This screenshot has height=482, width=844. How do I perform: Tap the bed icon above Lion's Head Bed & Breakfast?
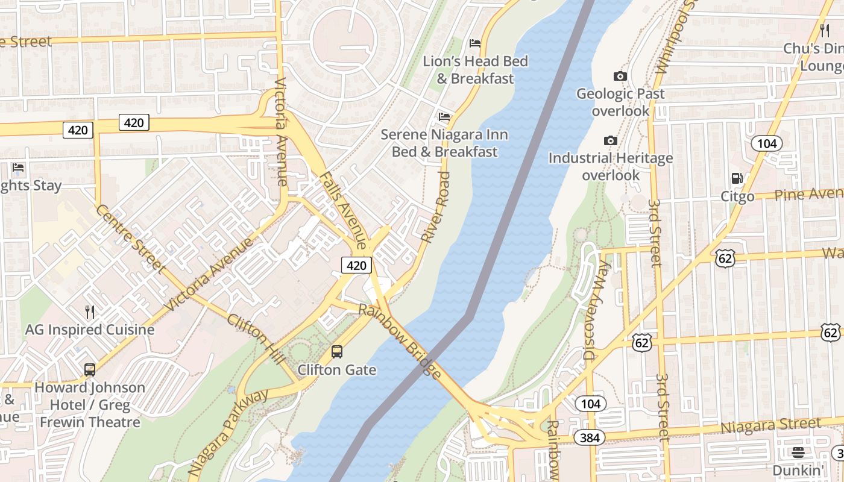475,43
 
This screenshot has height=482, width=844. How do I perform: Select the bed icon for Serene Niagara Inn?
444,117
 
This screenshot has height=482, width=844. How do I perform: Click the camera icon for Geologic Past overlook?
620,76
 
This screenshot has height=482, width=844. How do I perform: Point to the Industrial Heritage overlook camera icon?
611,140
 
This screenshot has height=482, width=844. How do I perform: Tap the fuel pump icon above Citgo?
737,178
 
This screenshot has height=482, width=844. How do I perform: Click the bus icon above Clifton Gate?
337,351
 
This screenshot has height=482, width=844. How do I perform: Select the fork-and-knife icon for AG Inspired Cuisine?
90,311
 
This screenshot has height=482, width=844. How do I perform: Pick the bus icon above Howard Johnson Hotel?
90,369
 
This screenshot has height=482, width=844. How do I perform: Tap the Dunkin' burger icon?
798,452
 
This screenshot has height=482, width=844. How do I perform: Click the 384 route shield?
589,437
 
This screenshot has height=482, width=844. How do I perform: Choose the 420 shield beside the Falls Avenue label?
356,265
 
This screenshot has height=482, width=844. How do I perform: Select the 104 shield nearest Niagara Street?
590,404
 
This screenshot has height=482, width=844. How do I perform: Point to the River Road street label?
436,208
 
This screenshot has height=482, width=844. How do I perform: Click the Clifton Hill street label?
256,338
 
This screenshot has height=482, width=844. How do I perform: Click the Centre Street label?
131,239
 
